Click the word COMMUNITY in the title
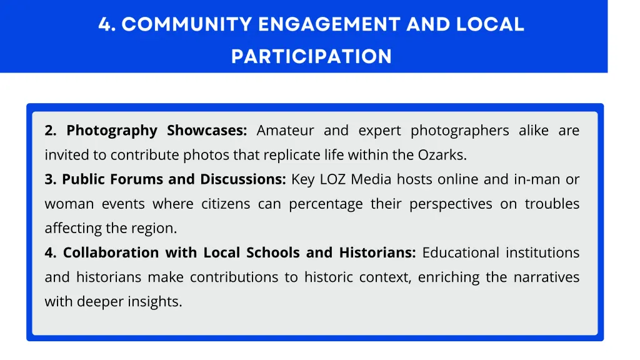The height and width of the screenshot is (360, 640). tap(186, 25)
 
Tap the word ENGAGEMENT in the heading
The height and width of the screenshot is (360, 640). tap(329, 25)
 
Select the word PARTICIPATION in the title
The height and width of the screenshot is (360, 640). tap(311, 57)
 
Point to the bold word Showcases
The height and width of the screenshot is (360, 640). tap(207, 131)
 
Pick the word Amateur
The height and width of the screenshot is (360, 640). tap(285, 131)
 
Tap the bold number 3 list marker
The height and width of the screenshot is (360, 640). tap(50, 179)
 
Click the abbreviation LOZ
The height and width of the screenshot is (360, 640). tap(333, 179)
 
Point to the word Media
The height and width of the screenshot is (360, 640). tap(371, 179)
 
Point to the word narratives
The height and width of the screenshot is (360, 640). tap(546, 277)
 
